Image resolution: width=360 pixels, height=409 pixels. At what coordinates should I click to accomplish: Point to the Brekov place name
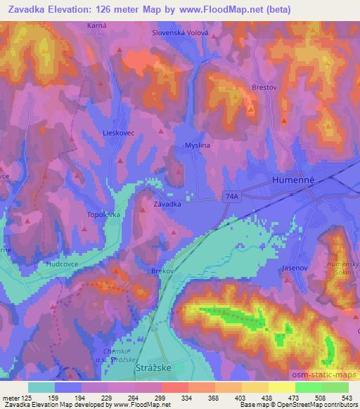pos(162,269)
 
